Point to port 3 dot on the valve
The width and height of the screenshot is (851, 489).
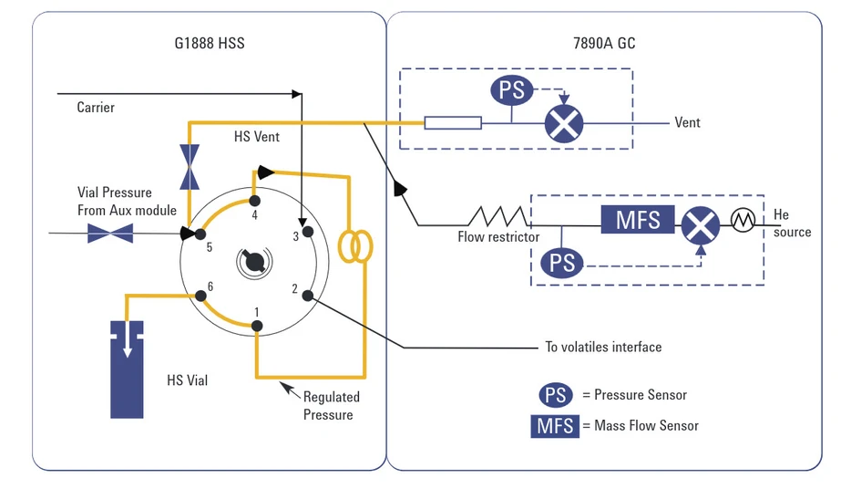coord(308,231)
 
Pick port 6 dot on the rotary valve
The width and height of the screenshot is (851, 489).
coord(200,295)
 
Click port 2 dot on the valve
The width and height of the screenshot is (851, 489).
coord(308,295)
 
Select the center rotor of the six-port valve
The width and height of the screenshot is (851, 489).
coord(253,263)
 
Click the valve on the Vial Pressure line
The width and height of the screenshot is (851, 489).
coord(110,234)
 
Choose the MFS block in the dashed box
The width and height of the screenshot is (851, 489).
coord(637,220)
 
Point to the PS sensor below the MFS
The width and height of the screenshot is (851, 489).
coord(562,263)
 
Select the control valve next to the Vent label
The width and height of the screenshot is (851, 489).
coord(563,122)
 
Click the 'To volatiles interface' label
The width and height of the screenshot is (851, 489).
coord(603,347)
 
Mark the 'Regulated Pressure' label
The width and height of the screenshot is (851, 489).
coord(330,405)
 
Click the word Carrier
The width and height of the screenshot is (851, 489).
coord(96,108)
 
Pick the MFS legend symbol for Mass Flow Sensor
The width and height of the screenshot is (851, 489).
coord(555,425)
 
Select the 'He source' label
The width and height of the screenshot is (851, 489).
coord(791,224)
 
